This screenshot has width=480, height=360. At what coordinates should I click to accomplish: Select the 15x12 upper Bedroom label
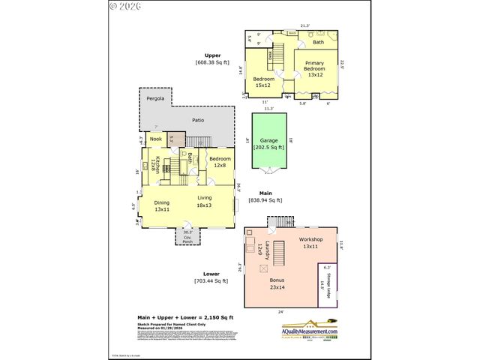(263, 82)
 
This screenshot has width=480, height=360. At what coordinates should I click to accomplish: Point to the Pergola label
(154, 98)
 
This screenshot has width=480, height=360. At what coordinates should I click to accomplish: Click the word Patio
(198, 120)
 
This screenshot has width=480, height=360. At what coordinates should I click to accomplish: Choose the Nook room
(155, 139)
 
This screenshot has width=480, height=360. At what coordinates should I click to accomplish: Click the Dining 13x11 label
(162, 206)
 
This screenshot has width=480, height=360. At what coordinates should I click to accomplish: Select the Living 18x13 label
(205, 201)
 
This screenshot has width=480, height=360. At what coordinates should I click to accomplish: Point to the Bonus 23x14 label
(277, 283)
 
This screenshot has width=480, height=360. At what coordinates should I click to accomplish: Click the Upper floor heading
(213, 55)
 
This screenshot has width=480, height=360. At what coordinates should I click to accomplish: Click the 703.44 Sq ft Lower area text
(211, 281)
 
